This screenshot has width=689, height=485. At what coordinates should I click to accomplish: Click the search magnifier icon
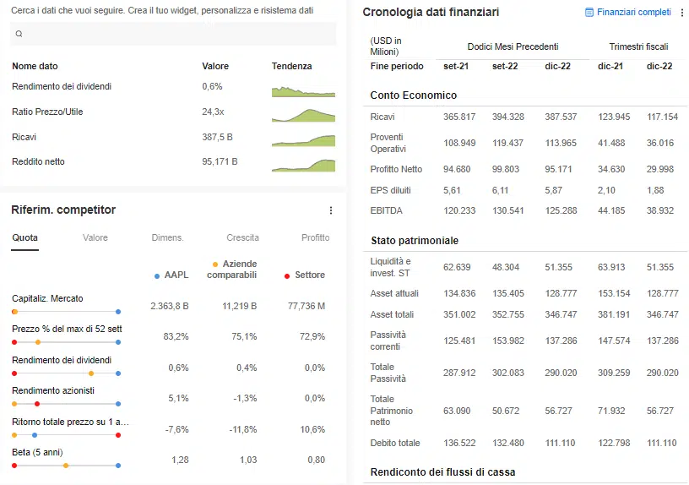pos(19,34)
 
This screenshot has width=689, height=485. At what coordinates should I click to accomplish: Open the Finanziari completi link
pos(633,13)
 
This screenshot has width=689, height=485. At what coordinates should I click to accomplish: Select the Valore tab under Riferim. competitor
pos(95,237)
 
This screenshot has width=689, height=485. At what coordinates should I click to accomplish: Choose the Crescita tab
pos(242,237)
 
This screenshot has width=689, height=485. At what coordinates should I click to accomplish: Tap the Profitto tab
pos(316,237)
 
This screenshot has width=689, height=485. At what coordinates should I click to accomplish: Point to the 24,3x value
pos(213,112)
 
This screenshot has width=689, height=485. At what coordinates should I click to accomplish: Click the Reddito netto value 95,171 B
pos(220,161)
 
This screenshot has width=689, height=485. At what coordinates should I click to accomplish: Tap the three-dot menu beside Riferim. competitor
pos(331,210)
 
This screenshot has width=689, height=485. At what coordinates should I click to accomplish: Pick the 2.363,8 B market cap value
pos(169,306)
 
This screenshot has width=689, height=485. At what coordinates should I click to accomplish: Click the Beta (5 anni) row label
pos(37,452)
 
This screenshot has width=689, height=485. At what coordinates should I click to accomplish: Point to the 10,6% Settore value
pos(313,429)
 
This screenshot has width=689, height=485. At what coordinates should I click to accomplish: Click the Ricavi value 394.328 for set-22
pos(508,117)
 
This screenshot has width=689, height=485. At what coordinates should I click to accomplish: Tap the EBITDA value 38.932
pos(662,210)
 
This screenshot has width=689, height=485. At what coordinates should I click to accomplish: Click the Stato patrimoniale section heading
pos(415,241)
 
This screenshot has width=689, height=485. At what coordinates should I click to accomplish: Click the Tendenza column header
pos(291,66)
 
